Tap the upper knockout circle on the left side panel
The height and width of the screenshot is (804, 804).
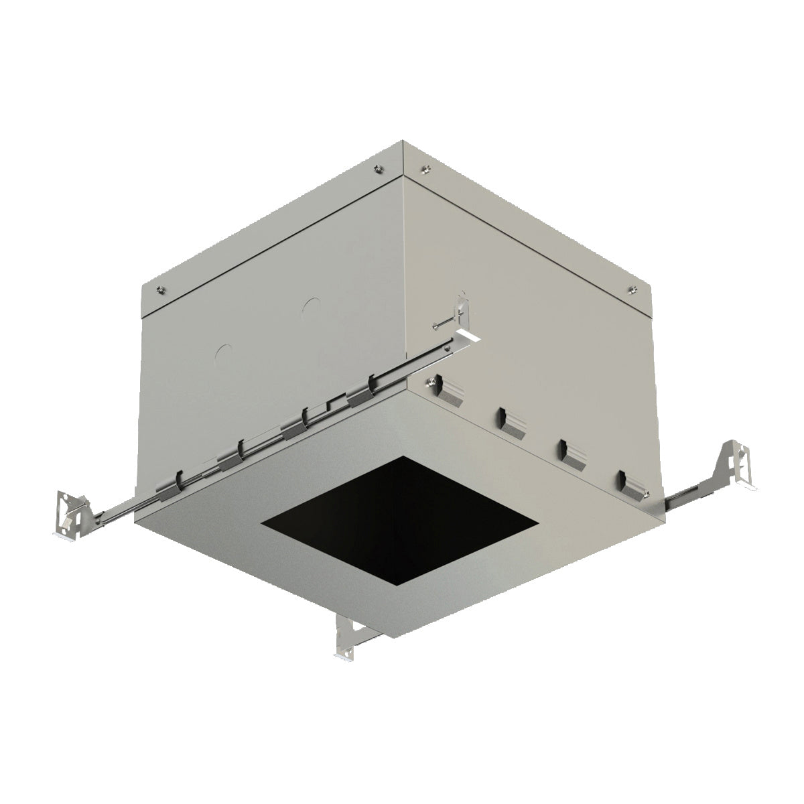(310, 308)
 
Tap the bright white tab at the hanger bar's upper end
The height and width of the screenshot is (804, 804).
(470, 335)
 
